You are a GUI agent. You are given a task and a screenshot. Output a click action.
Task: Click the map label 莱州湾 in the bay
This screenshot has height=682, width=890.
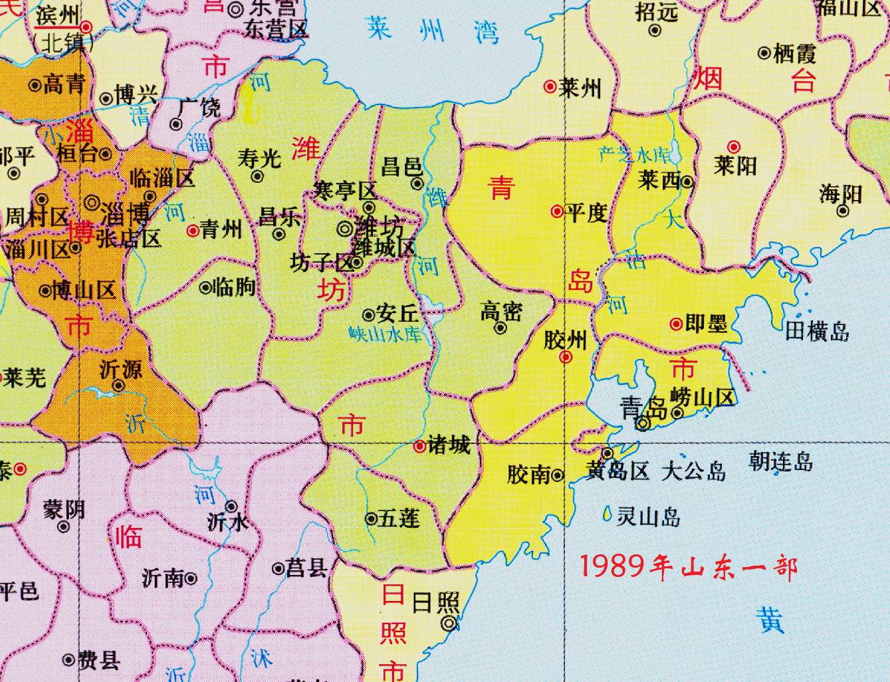432,30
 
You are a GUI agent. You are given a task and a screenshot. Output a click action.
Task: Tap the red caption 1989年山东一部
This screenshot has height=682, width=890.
689,567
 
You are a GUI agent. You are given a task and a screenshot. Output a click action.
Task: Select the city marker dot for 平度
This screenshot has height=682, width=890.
556,211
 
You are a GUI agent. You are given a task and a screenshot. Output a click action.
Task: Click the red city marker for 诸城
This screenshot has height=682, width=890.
419,447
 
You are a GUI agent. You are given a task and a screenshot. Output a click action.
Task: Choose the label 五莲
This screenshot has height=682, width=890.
399,518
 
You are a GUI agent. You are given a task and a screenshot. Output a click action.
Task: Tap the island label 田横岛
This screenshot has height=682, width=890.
817,330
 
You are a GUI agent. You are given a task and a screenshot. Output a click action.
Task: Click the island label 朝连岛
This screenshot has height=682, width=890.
780,461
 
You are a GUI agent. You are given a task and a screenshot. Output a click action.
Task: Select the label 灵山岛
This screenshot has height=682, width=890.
648,516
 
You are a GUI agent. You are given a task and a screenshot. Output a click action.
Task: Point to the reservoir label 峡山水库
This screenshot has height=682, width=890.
386,334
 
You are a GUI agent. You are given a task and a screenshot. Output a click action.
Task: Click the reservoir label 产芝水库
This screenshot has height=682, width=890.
635,154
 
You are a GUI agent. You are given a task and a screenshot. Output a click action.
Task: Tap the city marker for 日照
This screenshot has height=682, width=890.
449,623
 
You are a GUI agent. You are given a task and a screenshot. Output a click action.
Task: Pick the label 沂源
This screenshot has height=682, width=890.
121,370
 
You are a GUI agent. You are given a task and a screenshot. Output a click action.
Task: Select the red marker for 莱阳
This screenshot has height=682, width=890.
734,146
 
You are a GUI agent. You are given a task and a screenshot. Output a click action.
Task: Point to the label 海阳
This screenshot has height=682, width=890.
840,193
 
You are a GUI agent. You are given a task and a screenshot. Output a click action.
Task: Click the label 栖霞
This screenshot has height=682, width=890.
795,53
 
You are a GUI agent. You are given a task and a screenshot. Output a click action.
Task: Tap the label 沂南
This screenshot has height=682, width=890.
163,578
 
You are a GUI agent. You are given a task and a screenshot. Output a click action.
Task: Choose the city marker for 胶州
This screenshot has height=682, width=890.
566,357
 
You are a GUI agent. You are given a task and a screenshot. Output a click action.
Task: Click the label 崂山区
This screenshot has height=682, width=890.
703,398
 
